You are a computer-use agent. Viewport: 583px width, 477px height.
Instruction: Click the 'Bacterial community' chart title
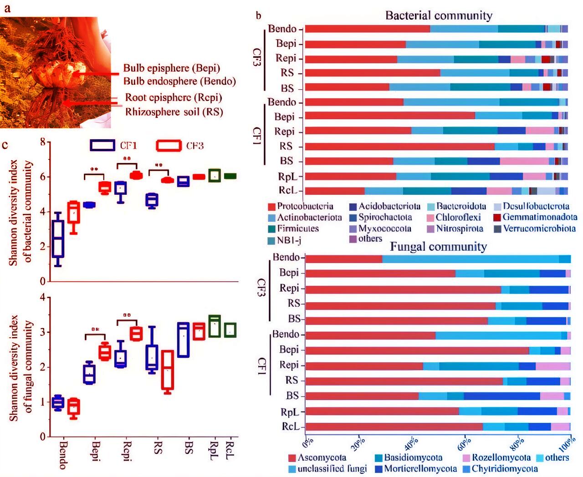pyautogui.click(x=439, y=15)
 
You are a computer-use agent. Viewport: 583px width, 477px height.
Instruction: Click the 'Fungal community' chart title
pyautogui.click(x=438, y=247)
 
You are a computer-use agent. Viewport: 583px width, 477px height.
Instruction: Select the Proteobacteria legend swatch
pyautogui.click(x=272, y=207)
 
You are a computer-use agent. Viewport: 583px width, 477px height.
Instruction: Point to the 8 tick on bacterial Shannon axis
pyautogui.click(x=43, y=142)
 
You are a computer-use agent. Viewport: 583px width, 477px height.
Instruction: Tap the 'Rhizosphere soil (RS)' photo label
pyautogui.click(x=174, y=112)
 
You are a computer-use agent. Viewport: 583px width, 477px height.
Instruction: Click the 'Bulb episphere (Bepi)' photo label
pyautogui.click(x=172, y=68)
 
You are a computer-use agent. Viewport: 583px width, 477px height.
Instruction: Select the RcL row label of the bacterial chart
pyautogui.click(x=288, y=190)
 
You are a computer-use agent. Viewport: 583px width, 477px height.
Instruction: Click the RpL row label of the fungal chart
pyautogui.click(x=290, y=412)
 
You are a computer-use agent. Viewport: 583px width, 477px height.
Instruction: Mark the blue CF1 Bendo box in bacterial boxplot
pyautogui.click(x=58, y=238)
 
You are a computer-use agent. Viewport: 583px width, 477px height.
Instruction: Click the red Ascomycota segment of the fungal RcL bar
pyautogui.click(x=394, y=426)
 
